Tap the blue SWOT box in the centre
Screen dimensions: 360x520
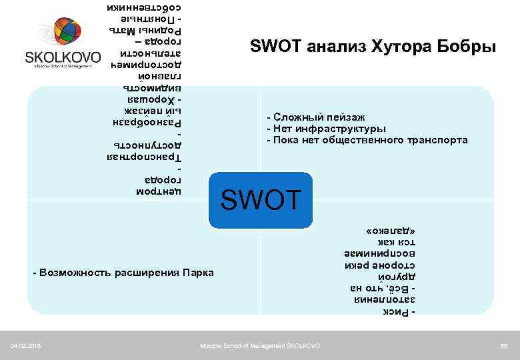pos(261,198)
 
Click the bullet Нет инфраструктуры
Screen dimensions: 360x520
pos(326,129)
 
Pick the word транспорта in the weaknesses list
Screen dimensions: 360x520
pos(436,140)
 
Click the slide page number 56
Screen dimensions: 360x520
pos(505,345)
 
